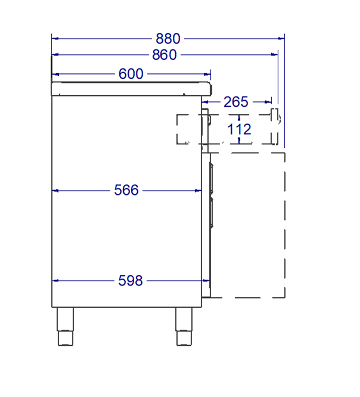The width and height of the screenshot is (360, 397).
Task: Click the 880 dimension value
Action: pos(167,38)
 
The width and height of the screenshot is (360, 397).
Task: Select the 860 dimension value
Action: pos(164,55)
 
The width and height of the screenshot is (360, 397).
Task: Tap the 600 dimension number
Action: pos(131,74)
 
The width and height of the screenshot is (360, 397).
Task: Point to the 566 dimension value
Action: pos(126,190)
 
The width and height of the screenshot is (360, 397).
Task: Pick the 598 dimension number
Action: pos(131,280)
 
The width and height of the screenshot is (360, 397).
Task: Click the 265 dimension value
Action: pos(235,102)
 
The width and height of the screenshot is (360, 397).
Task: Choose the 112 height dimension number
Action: pos(239,129)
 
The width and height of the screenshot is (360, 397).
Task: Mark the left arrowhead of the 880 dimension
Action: pos(55,38)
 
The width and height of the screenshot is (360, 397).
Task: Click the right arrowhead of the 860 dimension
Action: pos(275,55)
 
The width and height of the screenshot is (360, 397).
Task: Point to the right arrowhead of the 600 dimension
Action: pos(207,74)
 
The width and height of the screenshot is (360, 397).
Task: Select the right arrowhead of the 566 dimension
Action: pos(198,190)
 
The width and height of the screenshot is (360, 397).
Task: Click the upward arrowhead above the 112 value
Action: pos(239,117)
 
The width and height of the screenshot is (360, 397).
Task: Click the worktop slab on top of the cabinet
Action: pos(131,89)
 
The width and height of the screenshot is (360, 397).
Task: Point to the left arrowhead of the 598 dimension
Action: pos(56,280)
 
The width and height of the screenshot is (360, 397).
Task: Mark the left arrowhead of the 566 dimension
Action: pos(56,190)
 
